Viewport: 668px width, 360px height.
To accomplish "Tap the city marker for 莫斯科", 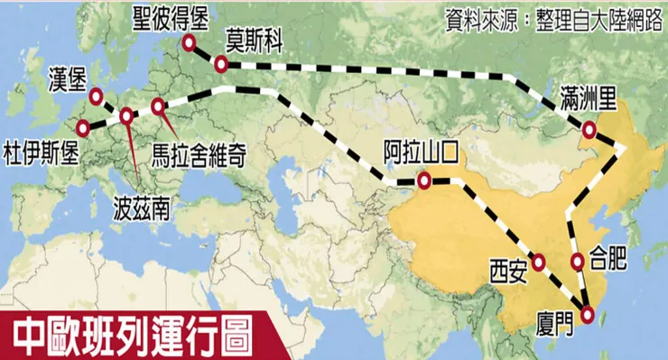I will tap(222, 64).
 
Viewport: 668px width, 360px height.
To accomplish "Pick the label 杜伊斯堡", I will tap(41, 148).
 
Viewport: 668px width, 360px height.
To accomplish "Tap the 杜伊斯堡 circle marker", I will tap(83, 127).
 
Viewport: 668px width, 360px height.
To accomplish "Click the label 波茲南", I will tap(141, 208).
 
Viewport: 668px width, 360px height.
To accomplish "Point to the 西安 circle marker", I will tap(539, 263).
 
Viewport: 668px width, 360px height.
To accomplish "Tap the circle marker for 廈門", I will tap(588, 315).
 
